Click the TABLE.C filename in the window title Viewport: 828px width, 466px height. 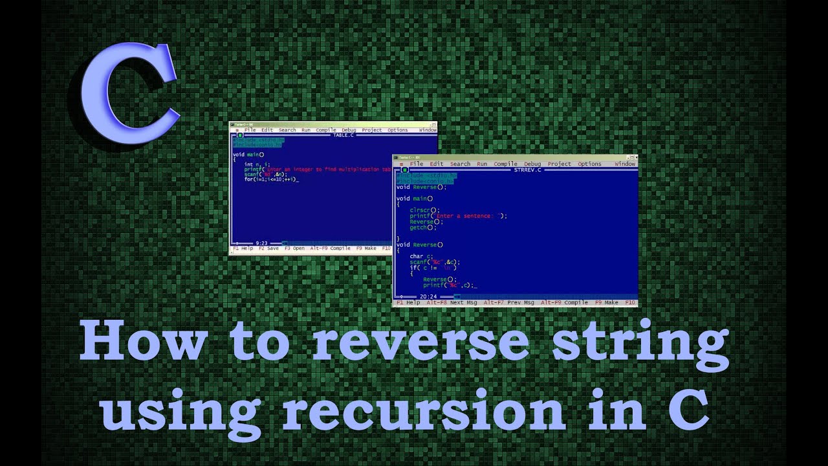coord(343,135)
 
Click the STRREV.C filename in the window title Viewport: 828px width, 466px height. coord(527,170)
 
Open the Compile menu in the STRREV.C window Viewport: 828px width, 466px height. coord(506,164)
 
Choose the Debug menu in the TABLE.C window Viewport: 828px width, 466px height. coord(349,130)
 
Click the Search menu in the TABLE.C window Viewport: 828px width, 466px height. coord(287,130)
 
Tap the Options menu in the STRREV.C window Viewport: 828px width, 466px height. coord(589,164)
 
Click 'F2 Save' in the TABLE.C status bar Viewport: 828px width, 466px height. coord(268,248)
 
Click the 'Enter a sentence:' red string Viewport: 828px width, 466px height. coord(468,216)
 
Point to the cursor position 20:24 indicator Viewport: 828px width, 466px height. coord(429,296)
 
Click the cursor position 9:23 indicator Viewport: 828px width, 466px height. coord(262,243)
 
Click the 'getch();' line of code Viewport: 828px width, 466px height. coord(423,228)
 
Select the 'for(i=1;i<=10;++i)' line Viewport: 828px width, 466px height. coord(270,179)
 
